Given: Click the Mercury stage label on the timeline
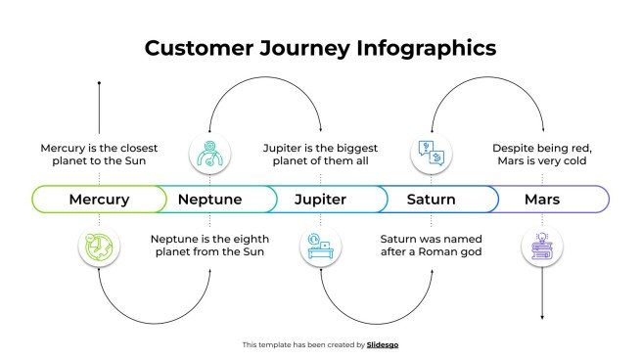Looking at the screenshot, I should (x=99, y=200).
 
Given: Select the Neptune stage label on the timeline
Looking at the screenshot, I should (x=209, y=200).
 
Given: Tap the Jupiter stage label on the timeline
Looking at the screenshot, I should (x=320, y=200).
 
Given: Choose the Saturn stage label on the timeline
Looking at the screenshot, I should (x=431, y=200).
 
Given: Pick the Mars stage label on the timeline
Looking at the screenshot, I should (x=541, y=200).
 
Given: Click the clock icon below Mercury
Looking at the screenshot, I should (x=99, y=248).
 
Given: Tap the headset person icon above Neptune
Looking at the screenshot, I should (x=209, y=152).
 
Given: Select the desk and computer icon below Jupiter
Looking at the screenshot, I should (x=320, y=248).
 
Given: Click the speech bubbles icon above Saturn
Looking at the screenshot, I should (x=432, y=152).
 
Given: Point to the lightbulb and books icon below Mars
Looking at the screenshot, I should (x=541, y=248).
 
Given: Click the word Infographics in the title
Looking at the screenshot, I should (x=427, y=48).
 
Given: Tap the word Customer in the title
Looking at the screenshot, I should (x=194, y=48).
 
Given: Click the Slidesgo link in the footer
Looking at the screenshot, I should (x=383, y=344).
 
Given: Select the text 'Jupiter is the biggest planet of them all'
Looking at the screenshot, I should (x=320, y=155).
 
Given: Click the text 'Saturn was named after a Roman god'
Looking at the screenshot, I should (x=432, y=245).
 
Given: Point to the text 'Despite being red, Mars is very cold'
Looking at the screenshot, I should (x=541, y=155).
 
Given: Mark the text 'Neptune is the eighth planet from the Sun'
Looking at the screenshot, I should (x=209, y=245).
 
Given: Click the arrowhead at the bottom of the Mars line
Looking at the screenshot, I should (x=541, y=317).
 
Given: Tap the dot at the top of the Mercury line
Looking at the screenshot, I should (x=99, y=84).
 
